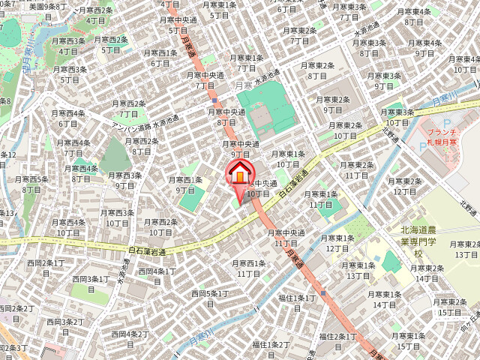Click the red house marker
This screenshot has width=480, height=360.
click(239, 174)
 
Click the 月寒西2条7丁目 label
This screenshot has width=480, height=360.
click(128, 109)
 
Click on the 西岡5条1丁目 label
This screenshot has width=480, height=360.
click(210, 298)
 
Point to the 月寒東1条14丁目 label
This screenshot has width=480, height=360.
click(385, 299)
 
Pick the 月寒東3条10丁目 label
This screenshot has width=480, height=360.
click(397, 117)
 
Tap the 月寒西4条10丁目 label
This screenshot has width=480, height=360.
click(68, 227)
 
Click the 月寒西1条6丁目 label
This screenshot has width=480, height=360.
click(160, 58)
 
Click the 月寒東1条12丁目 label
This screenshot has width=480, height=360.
click(337, 243)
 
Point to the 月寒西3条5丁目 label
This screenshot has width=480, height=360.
click(70, 74)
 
